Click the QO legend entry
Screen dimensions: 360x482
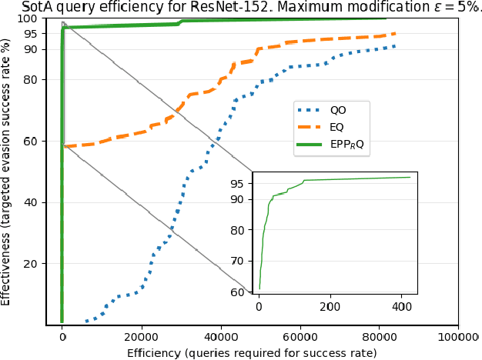337,110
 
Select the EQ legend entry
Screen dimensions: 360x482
336,126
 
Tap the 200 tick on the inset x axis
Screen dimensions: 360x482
330,306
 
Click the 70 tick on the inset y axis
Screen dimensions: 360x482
241,261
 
